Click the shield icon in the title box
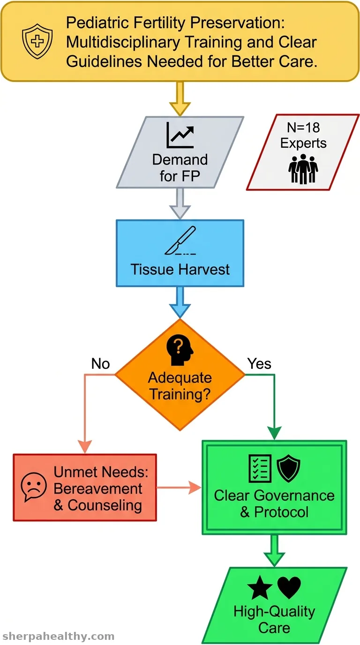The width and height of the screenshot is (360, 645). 37,41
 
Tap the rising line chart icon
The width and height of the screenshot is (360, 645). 180,135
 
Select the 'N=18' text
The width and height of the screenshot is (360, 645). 303,127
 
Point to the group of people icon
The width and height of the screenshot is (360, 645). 303,169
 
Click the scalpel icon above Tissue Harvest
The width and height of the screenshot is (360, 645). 180,240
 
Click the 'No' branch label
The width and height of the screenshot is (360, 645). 100,364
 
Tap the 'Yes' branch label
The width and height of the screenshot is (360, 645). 259,364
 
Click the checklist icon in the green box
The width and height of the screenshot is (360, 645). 260,468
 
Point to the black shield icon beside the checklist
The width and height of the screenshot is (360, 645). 288,468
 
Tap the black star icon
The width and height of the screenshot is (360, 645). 260,588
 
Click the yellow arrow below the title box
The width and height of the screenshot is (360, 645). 180,99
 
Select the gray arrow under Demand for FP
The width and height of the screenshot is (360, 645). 180,203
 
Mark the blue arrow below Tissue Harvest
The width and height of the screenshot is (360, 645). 180,302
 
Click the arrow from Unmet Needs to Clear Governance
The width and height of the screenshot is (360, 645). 179,487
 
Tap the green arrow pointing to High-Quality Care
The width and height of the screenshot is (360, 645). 275,551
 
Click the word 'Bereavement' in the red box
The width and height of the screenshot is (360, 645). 98,488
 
